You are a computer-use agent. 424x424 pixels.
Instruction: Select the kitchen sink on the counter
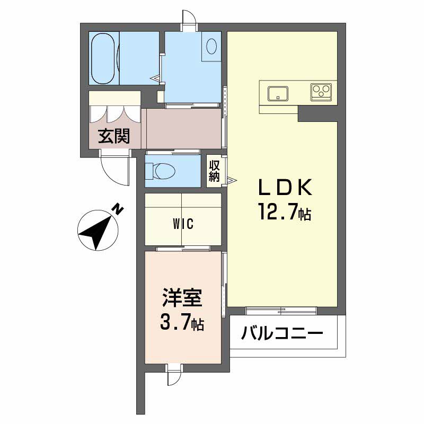click(277, 94)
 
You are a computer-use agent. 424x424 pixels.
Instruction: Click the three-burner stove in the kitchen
click(321, 91)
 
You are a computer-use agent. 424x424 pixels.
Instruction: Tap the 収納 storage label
click(214, 171)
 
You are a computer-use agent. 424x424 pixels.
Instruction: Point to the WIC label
click(183, 224)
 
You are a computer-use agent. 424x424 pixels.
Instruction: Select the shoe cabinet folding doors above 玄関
click(114, 113)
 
